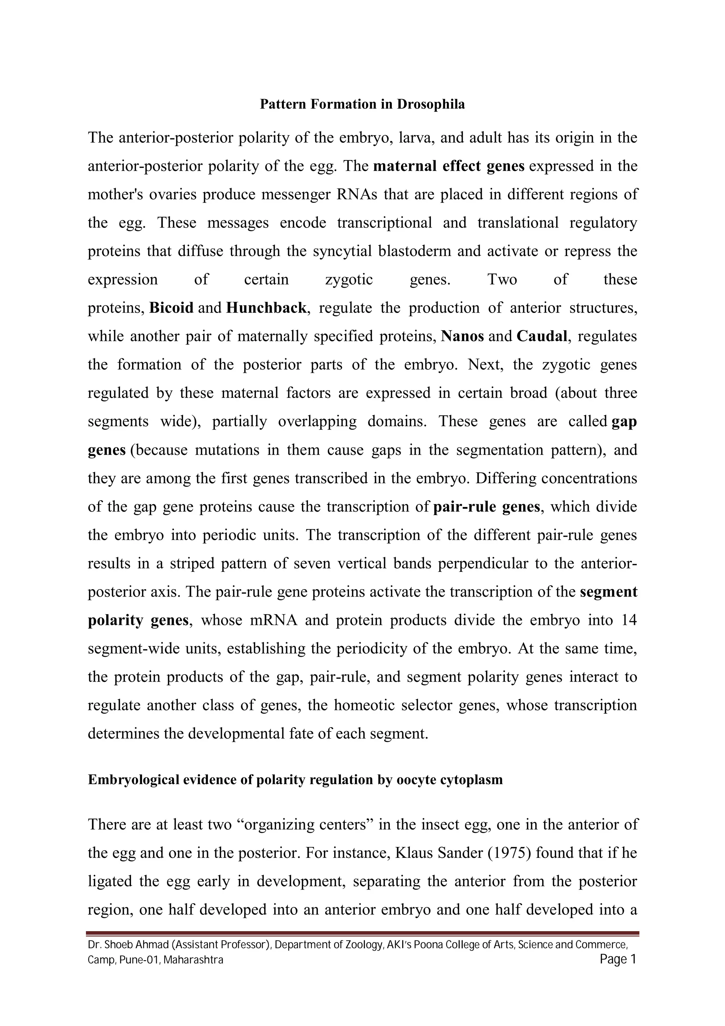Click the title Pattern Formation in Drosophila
[362, 104]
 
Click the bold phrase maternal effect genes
[449, 166]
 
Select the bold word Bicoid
[171, 308]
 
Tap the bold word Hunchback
[266, 308]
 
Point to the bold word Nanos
[462, 336]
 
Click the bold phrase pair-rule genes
[487, 507]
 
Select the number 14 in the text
[629, 620]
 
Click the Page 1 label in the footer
[617, 959]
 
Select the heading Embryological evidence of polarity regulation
[295, 780]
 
